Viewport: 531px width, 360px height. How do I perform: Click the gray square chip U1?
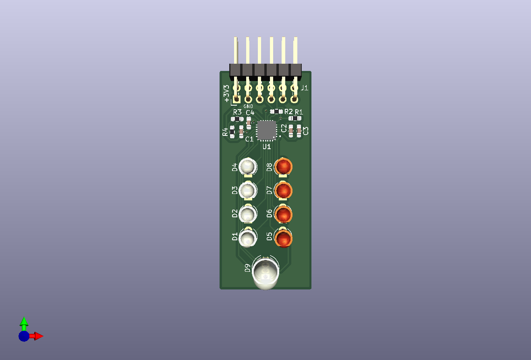pyautogui.click(x=266, y=130)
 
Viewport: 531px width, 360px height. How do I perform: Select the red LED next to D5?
pyautogui.click(x=283, y=238)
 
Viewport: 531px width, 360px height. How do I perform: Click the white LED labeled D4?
pyautogui.click(x=248, y=166)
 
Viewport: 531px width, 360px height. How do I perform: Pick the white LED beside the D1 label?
pyautogui.click(x=248, y=238)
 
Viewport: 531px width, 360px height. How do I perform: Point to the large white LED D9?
pyautogui.click(x=265, y=273)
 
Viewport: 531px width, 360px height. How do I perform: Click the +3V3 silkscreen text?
pyautogui.click(x=226, y=94)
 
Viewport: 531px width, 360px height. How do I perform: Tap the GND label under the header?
pyautogui.click(x=248, y=106)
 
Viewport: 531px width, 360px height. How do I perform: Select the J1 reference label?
pyautogui.click(x=304, y=88)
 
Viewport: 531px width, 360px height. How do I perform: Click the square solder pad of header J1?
pyautogui.click(x=236, y=99)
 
